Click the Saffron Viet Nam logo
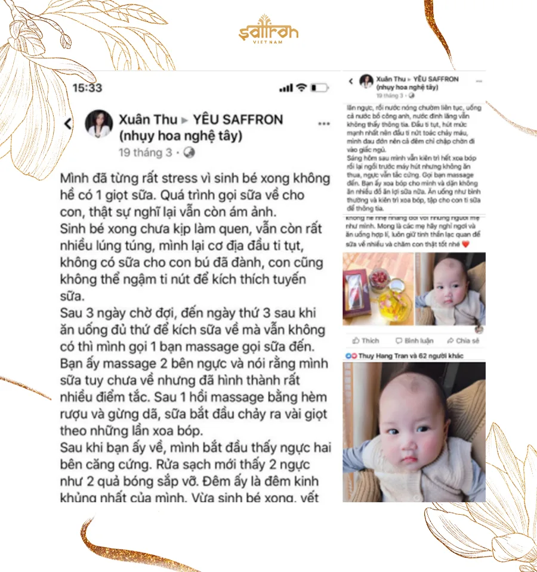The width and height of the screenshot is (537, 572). [x=268, y=30]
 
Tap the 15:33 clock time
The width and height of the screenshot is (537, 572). [x=88, y=88]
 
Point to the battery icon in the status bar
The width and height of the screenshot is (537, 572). [x=320, y=88]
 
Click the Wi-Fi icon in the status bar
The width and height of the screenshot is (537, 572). [x=301, y=88]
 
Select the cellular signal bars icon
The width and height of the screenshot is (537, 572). [x=286, y=88]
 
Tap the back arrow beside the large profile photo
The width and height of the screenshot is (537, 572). [x=68, y=123]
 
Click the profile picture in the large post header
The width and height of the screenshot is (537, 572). [x=98, y=123]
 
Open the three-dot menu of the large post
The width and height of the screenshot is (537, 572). [x=324, y=124]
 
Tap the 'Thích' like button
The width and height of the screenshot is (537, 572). [x=366, y=340]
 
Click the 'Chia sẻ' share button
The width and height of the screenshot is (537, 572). [x=463, y=340]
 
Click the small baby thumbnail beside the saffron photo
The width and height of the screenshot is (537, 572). [x=450, y=289]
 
